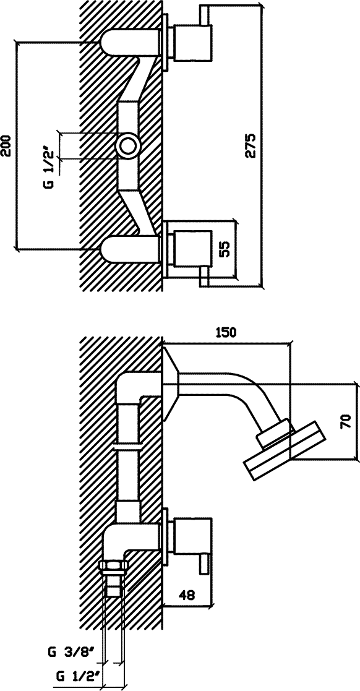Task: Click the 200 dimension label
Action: (6, 144)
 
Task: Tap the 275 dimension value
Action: (251, 145)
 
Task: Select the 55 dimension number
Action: (225, 249)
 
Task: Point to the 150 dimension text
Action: (226, 332)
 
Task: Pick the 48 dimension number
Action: (187, 595)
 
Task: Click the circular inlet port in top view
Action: (128, 145)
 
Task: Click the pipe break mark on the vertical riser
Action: (128, 447)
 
